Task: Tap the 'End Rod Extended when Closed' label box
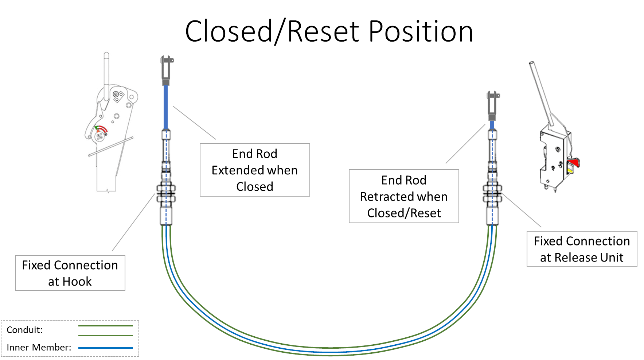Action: point(254,170)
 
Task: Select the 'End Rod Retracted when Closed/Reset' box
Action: point(403,196)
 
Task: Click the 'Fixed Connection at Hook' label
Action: point(70,273)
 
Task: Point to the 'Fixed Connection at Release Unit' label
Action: point(581,249)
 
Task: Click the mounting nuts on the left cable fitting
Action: point(166,193)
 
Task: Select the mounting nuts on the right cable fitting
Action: point(492,193)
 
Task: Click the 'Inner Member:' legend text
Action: point(39,347)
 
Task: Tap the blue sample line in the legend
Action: point(106,348)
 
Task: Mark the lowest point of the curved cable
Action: point(330,352)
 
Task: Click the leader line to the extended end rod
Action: point(194,123)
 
